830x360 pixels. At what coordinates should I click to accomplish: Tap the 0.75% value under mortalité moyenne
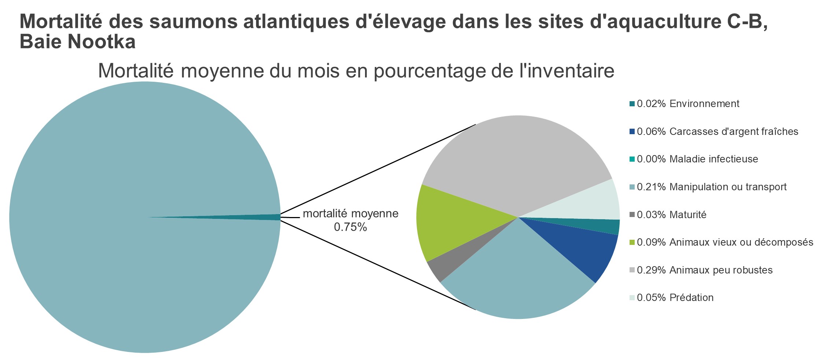[x=350, y=228]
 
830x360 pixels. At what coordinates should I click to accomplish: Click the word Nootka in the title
[x=102, y=42]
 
